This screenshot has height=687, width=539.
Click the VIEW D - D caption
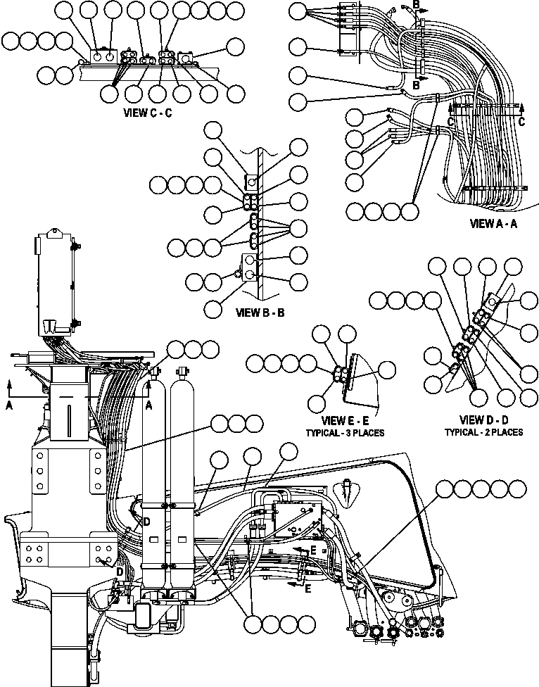pos(483,420)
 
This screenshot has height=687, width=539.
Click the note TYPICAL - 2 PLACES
pos(483,432)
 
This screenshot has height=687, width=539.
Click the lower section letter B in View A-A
pos(416,85)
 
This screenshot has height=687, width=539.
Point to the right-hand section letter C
pos(521,121)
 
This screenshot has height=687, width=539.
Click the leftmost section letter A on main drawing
pos(9,405)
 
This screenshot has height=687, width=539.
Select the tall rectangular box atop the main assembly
pos(55,282)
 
